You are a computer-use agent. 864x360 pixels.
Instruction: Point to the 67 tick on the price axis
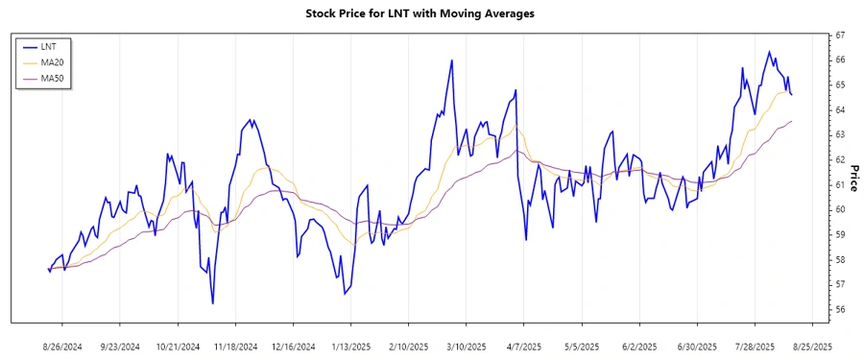tap(839, 36)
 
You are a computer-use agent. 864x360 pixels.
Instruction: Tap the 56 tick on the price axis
tap(839, 310)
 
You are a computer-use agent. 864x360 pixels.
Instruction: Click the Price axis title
tap(853, 173)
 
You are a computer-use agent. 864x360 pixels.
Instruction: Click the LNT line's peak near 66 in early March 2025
tap(451, 60)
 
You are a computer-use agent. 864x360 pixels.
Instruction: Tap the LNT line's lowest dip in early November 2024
tap(212, 303)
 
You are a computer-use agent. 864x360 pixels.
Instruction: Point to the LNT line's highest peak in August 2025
tap(768, 52)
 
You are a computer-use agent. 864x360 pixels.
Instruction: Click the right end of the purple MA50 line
tap(792, 121)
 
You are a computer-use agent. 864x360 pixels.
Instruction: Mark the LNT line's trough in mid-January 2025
tap(344, 294)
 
